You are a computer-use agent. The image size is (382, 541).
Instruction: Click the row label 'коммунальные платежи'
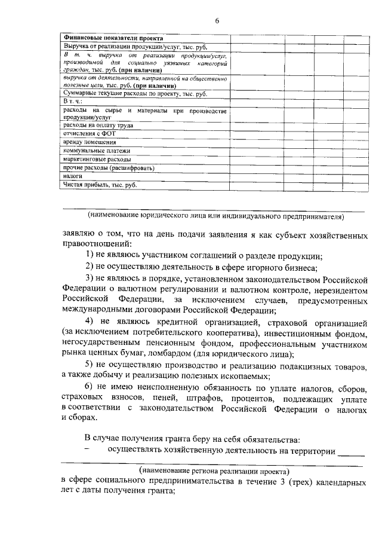pyautogui.click(x=96, y=151)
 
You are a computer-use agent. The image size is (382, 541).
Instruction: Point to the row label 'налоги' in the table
pyautogui.click(x=73, y=177)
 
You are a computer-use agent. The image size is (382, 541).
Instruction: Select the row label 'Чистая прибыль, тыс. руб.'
pyautogui.click(x=100, y=185)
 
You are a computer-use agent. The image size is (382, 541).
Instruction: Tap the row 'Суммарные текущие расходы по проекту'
pyautogui.click(x=135, y=94)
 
